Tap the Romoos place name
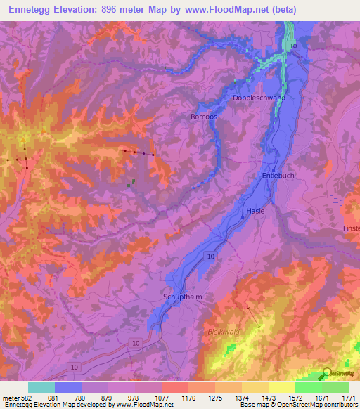coord(204,117)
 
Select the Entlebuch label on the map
coord(276,175)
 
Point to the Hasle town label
coord(255,211)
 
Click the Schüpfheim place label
coord(183,297)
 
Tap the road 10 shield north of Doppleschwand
coord(293,46)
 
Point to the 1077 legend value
coord(162,398)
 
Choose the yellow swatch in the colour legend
coord(282,387)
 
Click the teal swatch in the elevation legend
coord(41,387)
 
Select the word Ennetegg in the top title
coord(30,10)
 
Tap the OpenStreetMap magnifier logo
coord(327,373)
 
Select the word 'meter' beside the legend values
coord(11,398)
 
